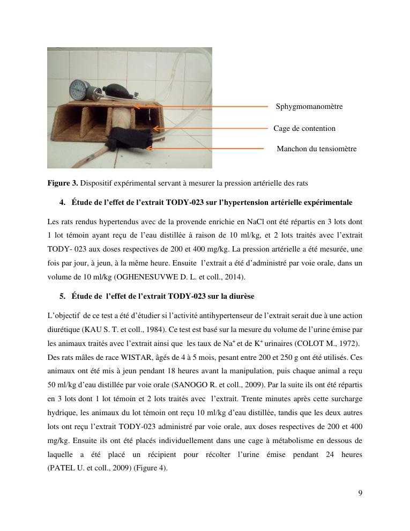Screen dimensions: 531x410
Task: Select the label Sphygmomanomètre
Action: pos(309,107)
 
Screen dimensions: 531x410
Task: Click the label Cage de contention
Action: pos(304,129)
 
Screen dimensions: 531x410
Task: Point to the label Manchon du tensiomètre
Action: pos(316,149)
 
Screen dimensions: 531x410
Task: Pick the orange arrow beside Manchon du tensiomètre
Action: pos(206,148)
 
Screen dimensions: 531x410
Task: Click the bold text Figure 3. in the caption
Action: pos(63,183)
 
